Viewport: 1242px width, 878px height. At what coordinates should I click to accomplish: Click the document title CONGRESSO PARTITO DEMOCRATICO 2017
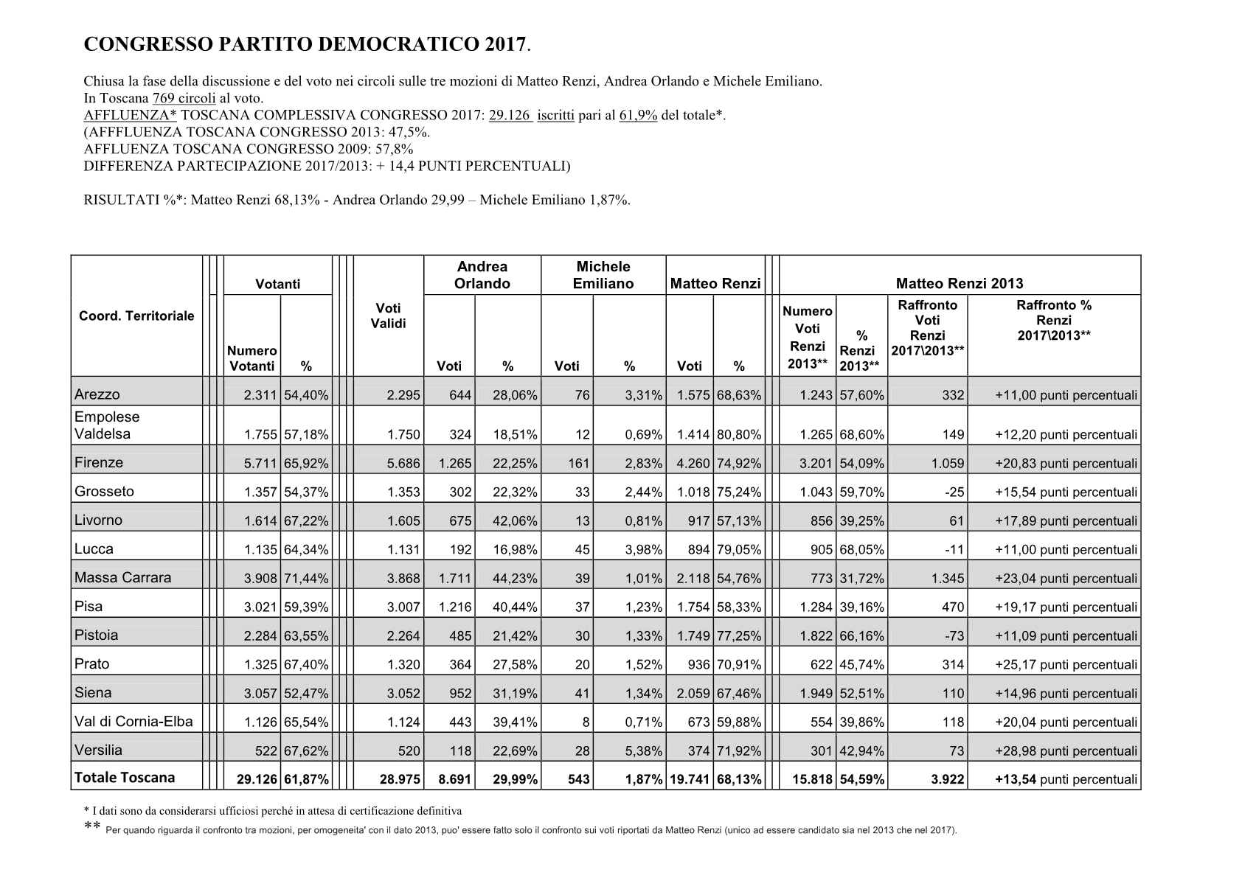click(307, 45)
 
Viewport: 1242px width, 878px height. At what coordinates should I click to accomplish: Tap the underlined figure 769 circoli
click(184, 98)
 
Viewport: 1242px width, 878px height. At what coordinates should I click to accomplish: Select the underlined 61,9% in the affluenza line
click(638, 115)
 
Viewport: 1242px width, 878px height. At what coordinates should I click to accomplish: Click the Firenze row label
click(99, 463)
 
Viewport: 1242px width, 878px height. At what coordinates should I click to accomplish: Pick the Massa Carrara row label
click(122, 578)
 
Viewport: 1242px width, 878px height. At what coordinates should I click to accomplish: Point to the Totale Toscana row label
click(125, 778)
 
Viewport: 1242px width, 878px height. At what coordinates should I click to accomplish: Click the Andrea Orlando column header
click(482, 275)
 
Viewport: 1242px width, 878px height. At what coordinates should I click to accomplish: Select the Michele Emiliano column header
click(603, 275)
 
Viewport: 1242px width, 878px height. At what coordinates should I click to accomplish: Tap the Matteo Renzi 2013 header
click(959, 283)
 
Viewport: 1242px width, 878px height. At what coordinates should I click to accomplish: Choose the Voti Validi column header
click(388, 316)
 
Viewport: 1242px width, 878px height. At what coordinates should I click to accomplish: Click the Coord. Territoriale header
click(136, 316)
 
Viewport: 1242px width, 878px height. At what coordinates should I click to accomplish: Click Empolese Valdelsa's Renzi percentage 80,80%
click(738, 435)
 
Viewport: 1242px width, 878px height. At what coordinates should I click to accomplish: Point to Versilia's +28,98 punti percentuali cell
click(1066, 751)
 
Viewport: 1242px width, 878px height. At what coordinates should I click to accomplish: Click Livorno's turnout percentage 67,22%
click(305, 521)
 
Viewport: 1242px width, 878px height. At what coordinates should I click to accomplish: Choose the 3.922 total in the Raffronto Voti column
click(948, 779)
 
